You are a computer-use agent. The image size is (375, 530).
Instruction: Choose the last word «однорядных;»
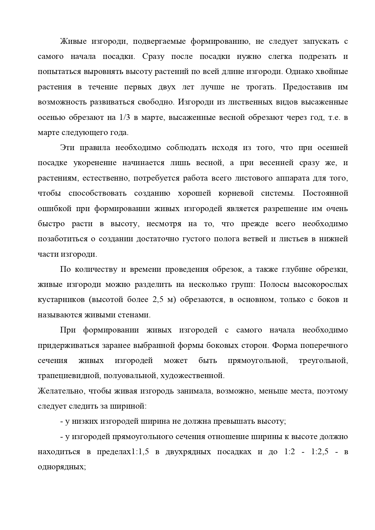(x=62, y=467)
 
